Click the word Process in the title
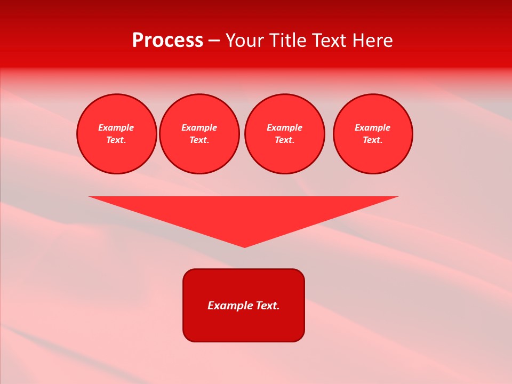pos(167,41)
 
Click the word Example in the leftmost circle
pos(116,127)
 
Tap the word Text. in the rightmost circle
pos(372,140)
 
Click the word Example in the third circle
pos(284,127)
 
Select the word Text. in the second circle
pos(199,140)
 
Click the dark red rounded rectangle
pos(244,325)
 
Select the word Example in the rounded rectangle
pos(230,306)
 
